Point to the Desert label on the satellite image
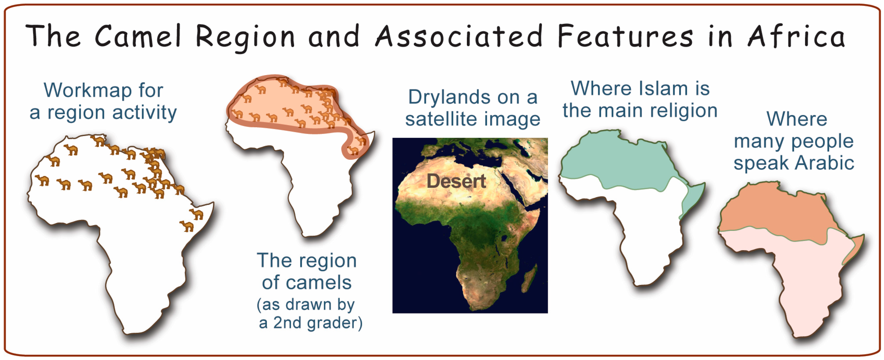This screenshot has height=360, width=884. click(456, 181)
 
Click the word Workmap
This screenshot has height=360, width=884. click(88, 91)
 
